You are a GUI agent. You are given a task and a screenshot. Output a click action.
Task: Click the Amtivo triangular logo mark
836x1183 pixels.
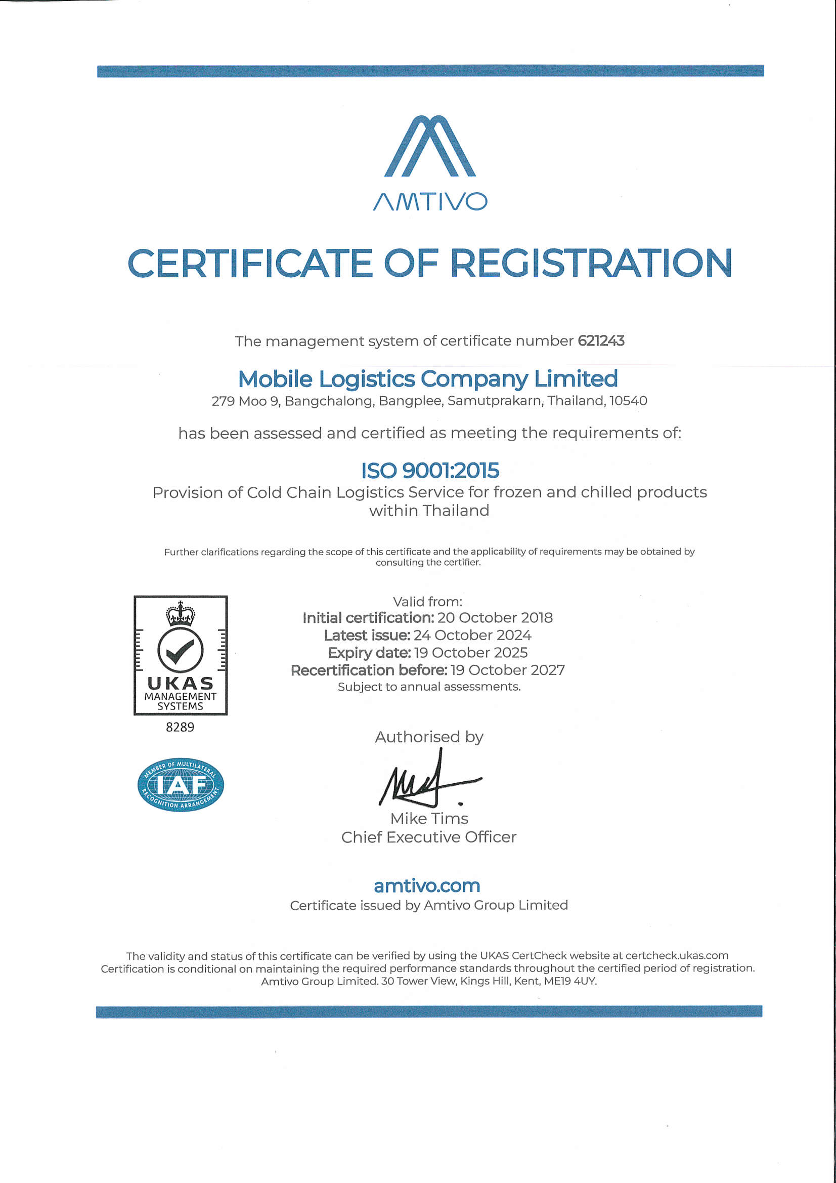(x=429, y=146)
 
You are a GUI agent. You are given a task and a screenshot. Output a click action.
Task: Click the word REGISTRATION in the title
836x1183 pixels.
(x=591, y=263)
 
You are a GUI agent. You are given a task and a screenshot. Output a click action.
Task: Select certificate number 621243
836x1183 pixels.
(x=601, y=341)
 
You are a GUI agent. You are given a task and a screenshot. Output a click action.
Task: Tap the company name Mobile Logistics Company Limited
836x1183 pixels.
(x=427, y=379)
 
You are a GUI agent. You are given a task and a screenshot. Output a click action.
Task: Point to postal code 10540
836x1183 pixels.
(x=628, y=401)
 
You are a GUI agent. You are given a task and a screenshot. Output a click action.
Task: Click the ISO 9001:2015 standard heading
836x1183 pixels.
(x=429, y=471)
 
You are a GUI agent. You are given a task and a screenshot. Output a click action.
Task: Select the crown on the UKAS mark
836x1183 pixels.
(x=180, y=614)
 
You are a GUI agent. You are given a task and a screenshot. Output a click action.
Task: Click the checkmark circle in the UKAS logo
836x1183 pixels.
(x=180, y=650)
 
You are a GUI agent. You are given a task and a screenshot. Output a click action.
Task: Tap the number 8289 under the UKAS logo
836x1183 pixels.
(x=180, y=727)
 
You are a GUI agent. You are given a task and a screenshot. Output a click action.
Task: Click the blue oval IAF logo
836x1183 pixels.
(x=180, y=785)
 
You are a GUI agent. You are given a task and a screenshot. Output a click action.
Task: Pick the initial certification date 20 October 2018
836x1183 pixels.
(x=495, y=618)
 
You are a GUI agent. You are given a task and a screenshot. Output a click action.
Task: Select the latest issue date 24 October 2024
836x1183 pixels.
(x=472, y=636)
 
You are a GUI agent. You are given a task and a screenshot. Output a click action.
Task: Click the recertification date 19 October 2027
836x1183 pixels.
(x=507, y=670)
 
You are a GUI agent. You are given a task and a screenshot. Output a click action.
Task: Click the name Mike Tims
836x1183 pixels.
(x=429, y=819)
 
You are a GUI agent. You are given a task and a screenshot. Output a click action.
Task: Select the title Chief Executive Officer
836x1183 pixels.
(x=428, y=837)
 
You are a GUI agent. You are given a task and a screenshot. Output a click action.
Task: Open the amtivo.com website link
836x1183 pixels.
(x=427, y=885)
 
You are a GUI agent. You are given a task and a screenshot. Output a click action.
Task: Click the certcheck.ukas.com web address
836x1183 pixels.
(x=676, y=956)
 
